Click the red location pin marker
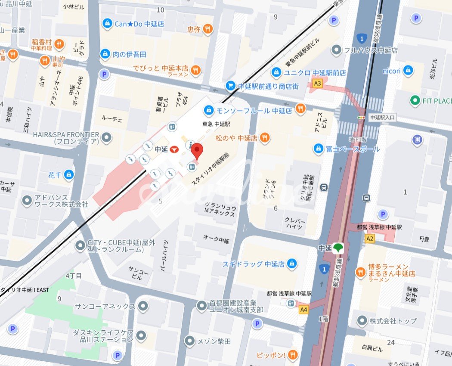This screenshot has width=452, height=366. [x=197, y=151]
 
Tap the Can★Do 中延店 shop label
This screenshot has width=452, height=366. [x=139, y=24]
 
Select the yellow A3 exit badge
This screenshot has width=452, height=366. [x=318, y=84]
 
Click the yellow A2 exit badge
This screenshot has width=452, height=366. [x=369, y=238]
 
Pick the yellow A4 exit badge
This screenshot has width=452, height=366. [x=304, y=309]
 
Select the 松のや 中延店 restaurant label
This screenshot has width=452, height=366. [x=236, y=138]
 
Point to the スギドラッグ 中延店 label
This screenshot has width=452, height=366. [x=254, y=264]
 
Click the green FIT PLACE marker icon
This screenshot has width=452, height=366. [x=415, y=101]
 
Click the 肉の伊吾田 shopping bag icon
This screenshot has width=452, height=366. [x=105, y=54]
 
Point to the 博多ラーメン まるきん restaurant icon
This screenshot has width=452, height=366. [x=360, y=272]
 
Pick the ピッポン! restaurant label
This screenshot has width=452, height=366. [x=271, y=355]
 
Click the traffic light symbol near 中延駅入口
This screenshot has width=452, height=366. [x=361, y=118]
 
